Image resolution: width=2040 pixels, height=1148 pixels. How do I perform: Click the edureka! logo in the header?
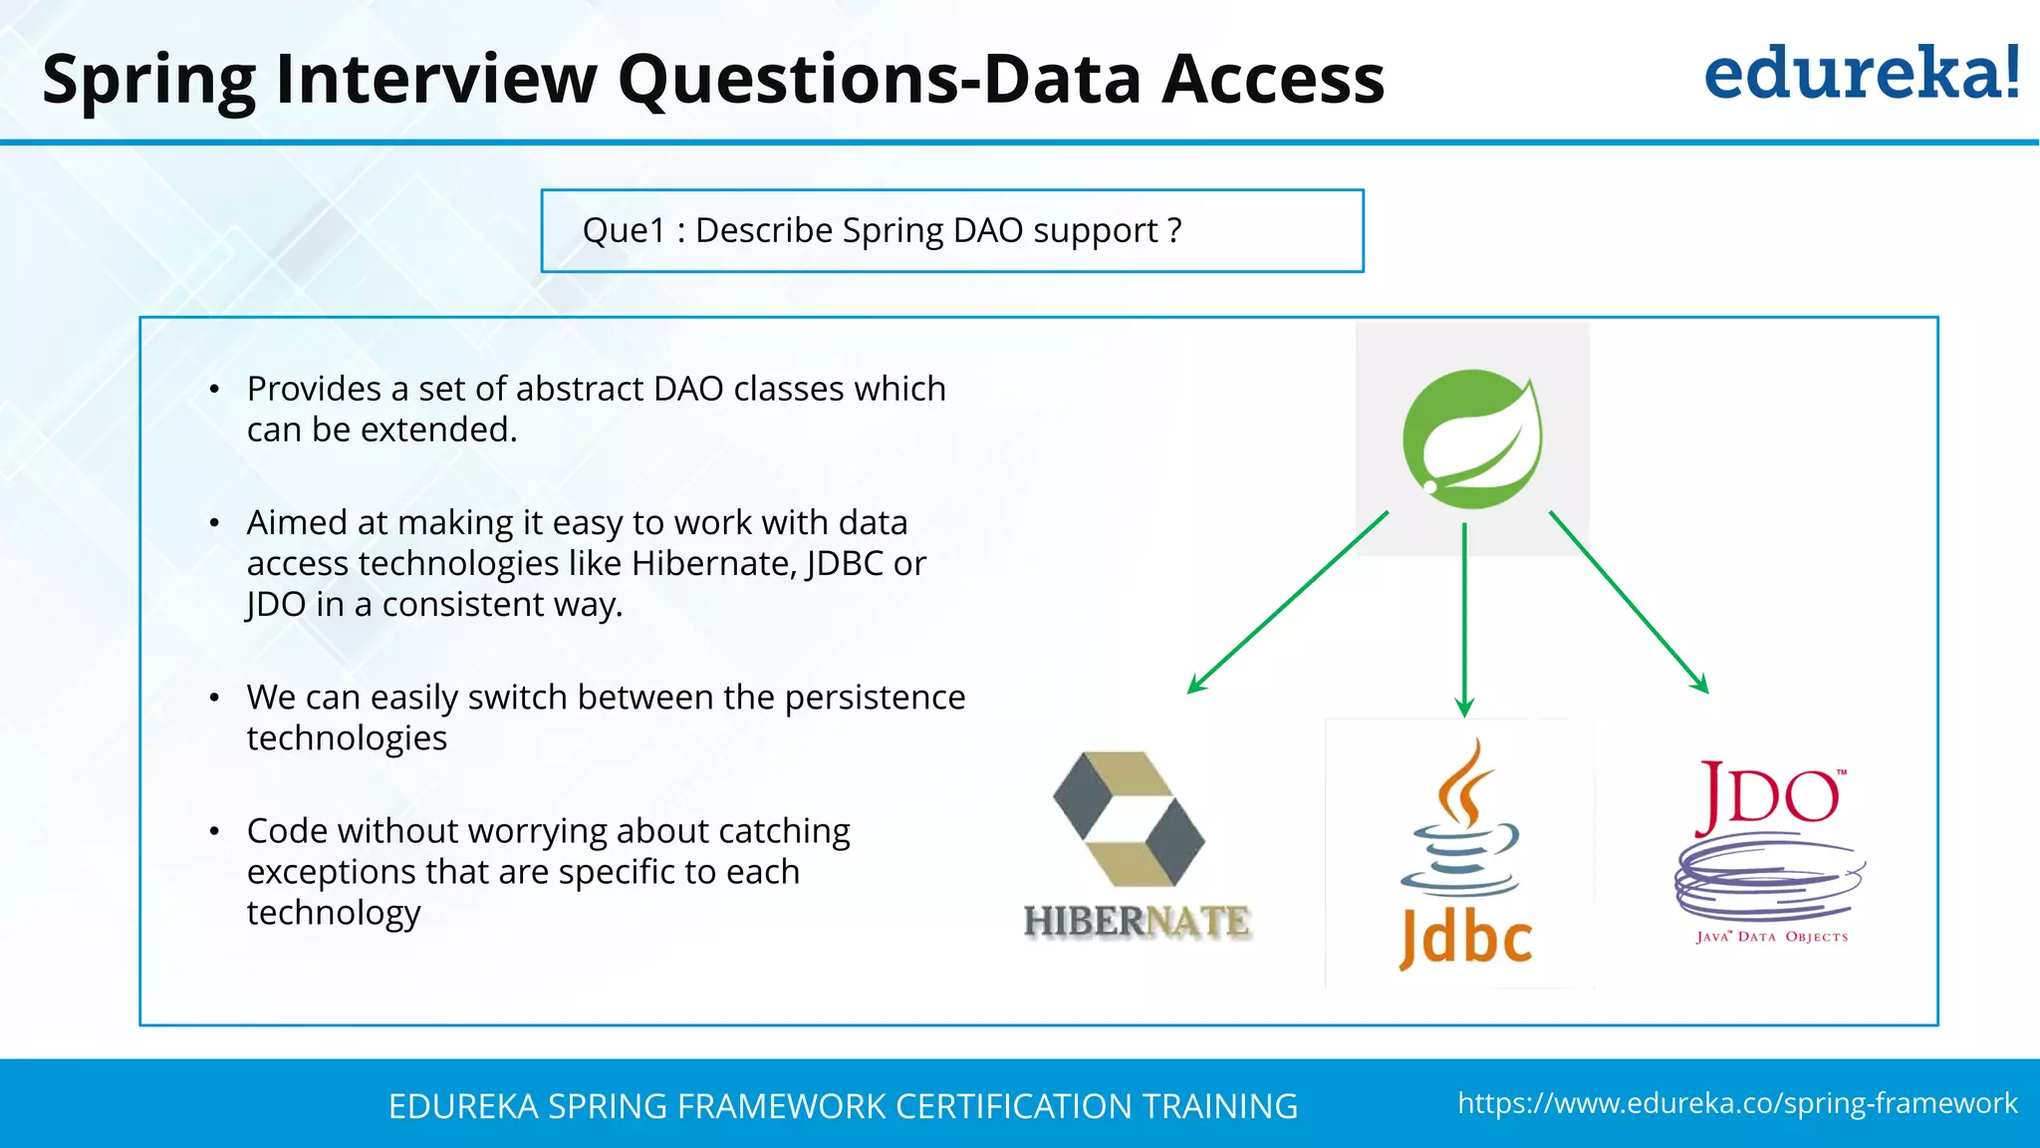[1861, 74]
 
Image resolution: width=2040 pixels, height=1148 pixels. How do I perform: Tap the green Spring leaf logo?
[1471, 439]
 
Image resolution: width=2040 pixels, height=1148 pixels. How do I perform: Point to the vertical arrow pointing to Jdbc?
[1464, 618]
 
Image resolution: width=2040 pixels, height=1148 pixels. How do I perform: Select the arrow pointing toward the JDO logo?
[1629, 602]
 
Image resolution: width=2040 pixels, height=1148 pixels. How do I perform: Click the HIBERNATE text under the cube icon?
[1137, 922]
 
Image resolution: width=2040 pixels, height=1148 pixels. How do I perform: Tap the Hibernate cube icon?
[1129, 819]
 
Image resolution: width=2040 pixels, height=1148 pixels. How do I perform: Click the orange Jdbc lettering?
[1465, 939]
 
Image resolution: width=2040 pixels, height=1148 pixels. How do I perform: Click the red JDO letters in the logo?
[1768, 797]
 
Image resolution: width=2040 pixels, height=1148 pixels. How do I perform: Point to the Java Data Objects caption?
[1772, 937]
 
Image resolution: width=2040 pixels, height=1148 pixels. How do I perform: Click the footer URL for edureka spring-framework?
[1737, 1103]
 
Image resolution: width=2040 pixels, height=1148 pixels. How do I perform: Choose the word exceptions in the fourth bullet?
[332, 872]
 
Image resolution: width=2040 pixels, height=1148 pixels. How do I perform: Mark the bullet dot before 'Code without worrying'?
[214, 831]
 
